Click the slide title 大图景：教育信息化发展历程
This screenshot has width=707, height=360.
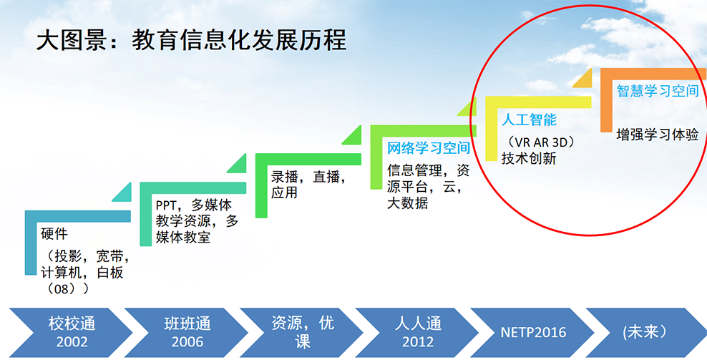pos(191,40)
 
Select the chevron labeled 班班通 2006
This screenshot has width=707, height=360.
pos(186,333)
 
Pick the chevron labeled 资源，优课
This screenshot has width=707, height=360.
pos(301,333)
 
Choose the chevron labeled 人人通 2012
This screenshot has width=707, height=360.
pos(416,333)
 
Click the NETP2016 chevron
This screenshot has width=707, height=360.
pos(532,333)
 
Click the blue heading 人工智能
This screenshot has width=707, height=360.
pos(529,120)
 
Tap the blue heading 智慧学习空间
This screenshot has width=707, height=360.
pos(658,91)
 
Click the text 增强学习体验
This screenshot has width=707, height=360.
pos(658,135)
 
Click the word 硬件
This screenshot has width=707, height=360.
pos(54,234)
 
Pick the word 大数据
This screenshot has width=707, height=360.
pos(408,203)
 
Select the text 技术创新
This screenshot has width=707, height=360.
pos(529,158)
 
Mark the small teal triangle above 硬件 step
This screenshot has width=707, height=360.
pos(123,193)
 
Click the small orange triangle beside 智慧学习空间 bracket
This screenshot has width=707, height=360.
pos(584,79)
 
